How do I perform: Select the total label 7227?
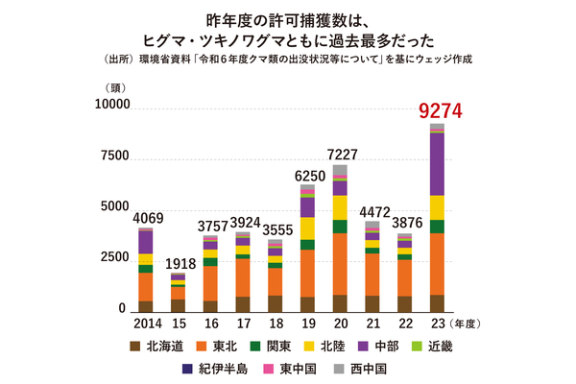pyautogui.click(x=340, y=154)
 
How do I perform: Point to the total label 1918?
pyautogui.click(x=177, y=263)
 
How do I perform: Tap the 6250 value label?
pyautogui.click(x=307, y=177)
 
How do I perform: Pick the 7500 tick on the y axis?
pyautogui.click(x=111, y=156)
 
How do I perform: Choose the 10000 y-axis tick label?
pyautogui.click(x=108, y=105)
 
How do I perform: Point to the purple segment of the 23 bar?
pyautogui.click(x=438, y=163)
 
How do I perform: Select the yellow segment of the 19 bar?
pyautogui.click(x=307, y=228)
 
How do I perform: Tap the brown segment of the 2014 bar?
pyautogui.click(x=145, y=306)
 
